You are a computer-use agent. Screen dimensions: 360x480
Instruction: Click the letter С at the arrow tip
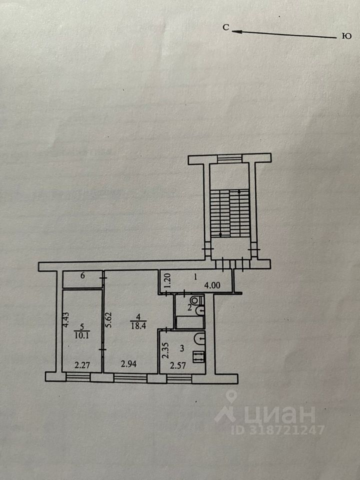point(226,28)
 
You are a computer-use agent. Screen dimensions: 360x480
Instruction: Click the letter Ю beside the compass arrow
point(345,36)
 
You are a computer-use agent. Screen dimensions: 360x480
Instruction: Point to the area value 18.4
point(137,325)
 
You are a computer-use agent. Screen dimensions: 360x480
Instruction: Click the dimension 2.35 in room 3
point(165,348)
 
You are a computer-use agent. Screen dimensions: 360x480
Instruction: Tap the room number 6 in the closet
point(82,275)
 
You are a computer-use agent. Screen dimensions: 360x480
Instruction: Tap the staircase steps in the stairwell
point(228,212)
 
